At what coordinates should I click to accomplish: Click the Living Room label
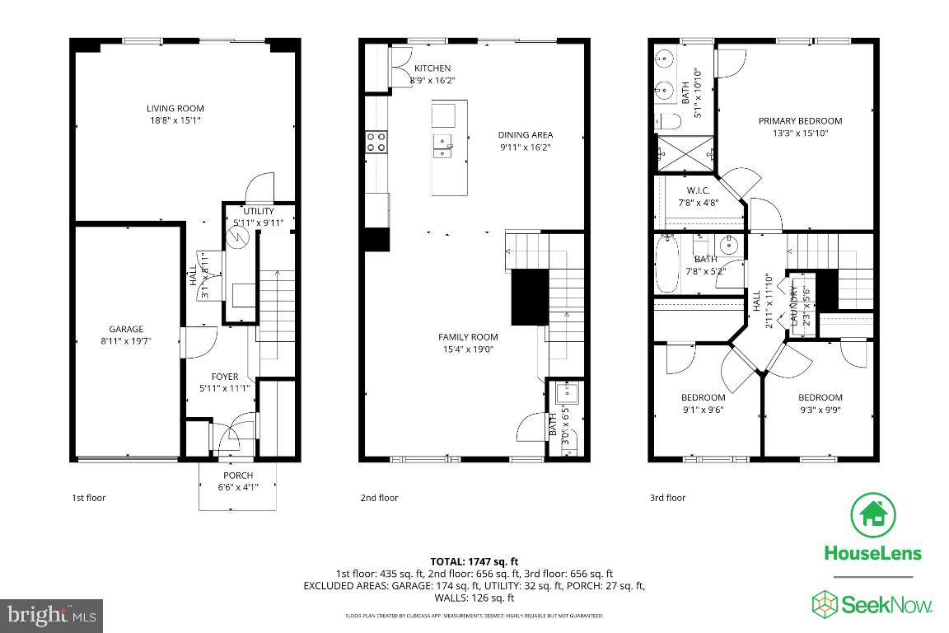[175, 108]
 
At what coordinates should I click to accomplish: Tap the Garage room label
[126, 329]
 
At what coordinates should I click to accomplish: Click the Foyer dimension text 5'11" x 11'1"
[224, 388]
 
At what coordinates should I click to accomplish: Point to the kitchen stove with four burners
[376, 142]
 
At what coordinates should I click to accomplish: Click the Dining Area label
[526, 135]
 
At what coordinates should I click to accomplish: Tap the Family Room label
[468, 336]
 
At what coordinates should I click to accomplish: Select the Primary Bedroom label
[800, 121]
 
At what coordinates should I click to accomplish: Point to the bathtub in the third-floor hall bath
[665, 264]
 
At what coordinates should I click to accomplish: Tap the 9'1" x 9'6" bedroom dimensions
[703, 410]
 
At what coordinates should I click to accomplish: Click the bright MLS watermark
[51, 615]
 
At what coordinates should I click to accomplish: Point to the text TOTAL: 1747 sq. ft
[474, 561]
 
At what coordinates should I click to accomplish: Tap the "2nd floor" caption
[379, 498]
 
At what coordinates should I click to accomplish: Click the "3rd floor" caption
[666, 498]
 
